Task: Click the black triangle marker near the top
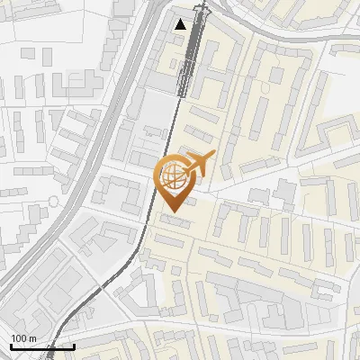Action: coord(181,24)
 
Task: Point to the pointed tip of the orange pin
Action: coord(171,211)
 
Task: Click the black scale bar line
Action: coord(42,346)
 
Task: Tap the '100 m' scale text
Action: coord(23,338)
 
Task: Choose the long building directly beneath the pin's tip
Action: coord(175,220)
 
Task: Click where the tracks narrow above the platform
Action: coord(199,18)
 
